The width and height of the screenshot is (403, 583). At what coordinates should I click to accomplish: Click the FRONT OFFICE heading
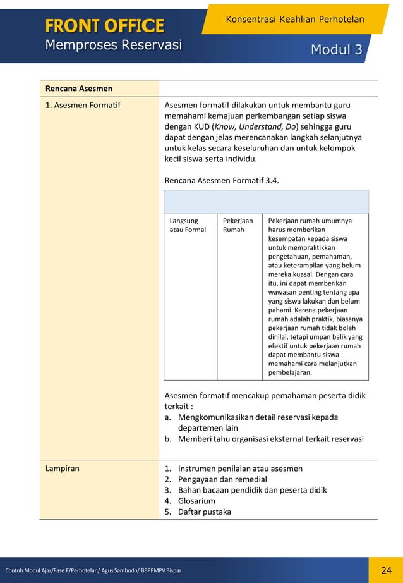click(x=104, y=25)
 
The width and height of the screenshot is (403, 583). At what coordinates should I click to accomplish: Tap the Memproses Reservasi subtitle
click(x=113, y=45)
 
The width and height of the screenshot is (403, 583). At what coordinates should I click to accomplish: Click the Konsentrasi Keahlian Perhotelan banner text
click(x=294, y=20)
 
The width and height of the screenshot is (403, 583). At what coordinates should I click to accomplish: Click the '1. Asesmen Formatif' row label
click(x=83, y=105)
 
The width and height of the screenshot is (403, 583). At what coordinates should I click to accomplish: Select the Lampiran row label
click(x=62, y=469)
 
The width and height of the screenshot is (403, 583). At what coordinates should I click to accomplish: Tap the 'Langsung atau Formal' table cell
click(x=188, y=225)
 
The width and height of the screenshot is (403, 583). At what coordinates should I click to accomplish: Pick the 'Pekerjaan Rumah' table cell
click(x=238, y=225)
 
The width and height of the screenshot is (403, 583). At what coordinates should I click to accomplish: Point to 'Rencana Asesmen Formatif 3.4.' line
click(x=221, y=180)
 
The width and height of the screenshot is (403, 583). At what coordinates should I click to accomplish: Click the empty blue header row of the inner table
click(x=266, y=202)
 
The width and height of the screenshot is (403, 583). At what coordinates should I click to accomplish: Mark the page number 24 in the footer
click(x=387, y=571)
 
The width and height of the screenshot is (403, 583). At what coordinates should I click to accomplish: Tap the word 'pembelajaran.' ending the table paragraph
click(x=290, y=372)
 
